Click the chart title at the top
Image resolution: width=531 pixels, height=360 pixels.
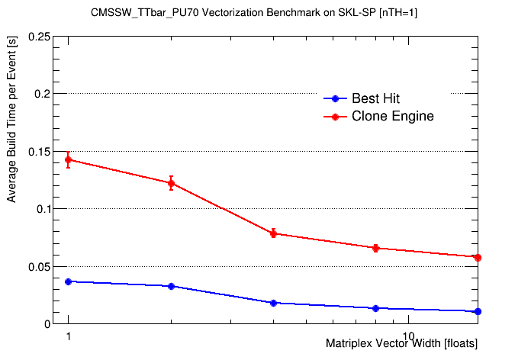(x=265, y=13)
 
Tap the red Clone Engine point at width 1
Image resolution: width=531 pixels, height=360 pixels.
(x=68, y=159)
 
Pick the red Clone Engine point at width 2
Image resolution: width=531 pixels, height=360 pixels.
(x=171, y=183)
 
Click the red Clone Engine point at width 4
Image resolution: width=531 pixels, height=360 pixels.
(x=273, y=233)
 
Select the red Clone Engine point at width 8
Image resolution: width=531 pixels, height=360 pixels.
(x=375, y=248)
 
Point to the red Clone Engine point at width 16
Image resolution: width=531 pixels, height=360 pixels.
(x=478, y=258)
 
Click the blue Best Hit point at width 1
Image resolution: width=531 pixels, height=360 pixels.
(x=68, y=281)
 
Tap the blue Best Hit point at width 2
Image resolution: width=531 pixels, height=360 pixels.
(x=171, y=286)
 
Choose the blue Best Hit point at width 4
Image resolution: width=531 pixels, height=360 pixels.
(x=273, y=303)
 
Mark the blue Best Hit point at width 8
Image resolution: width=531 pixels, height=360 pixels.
(x=375, y=308)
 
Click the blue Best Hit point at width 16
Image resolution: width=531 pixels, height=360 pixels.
(x=478, y=311)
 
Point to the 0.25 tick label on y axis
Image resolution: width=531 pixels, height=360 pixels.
(x=40, y=37)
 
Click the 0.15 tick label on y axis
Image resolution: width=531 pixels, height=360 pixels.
(x=40, y=151)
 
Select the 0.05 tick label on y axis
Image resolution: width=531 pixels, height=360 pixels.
(x=40, y=266)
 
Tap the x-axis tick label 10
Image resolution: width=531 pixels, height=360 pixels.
(x=408, y=336)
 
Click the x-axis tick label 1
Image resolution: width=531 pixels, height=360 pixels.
(x=68, y=336)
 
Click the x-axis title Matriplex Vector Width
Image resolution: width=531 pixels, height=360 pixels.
(x=401, y=344)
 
